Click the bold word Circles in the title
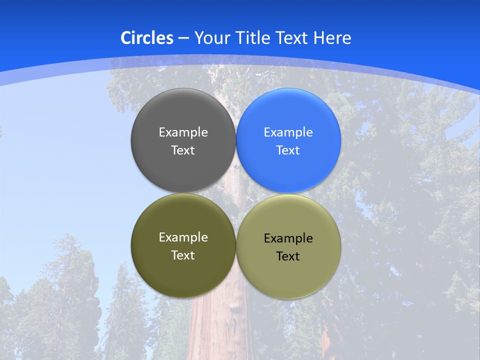pos(147,38)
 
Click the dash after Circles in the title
pos(183,38)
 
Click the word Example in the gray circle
pos(183,132)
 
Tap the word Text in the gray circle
pos(183,150)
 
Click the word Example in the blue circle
pos(288,132)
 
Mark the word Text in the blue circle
pos(288,150)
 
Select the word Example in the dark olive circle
pos(183,237)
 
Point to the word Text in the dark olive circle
pos(183,255)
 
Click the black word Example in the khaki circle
pos(288,238)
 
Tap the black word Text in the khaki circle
pos(288,256)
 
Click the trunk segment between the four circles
pos(236,192)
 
